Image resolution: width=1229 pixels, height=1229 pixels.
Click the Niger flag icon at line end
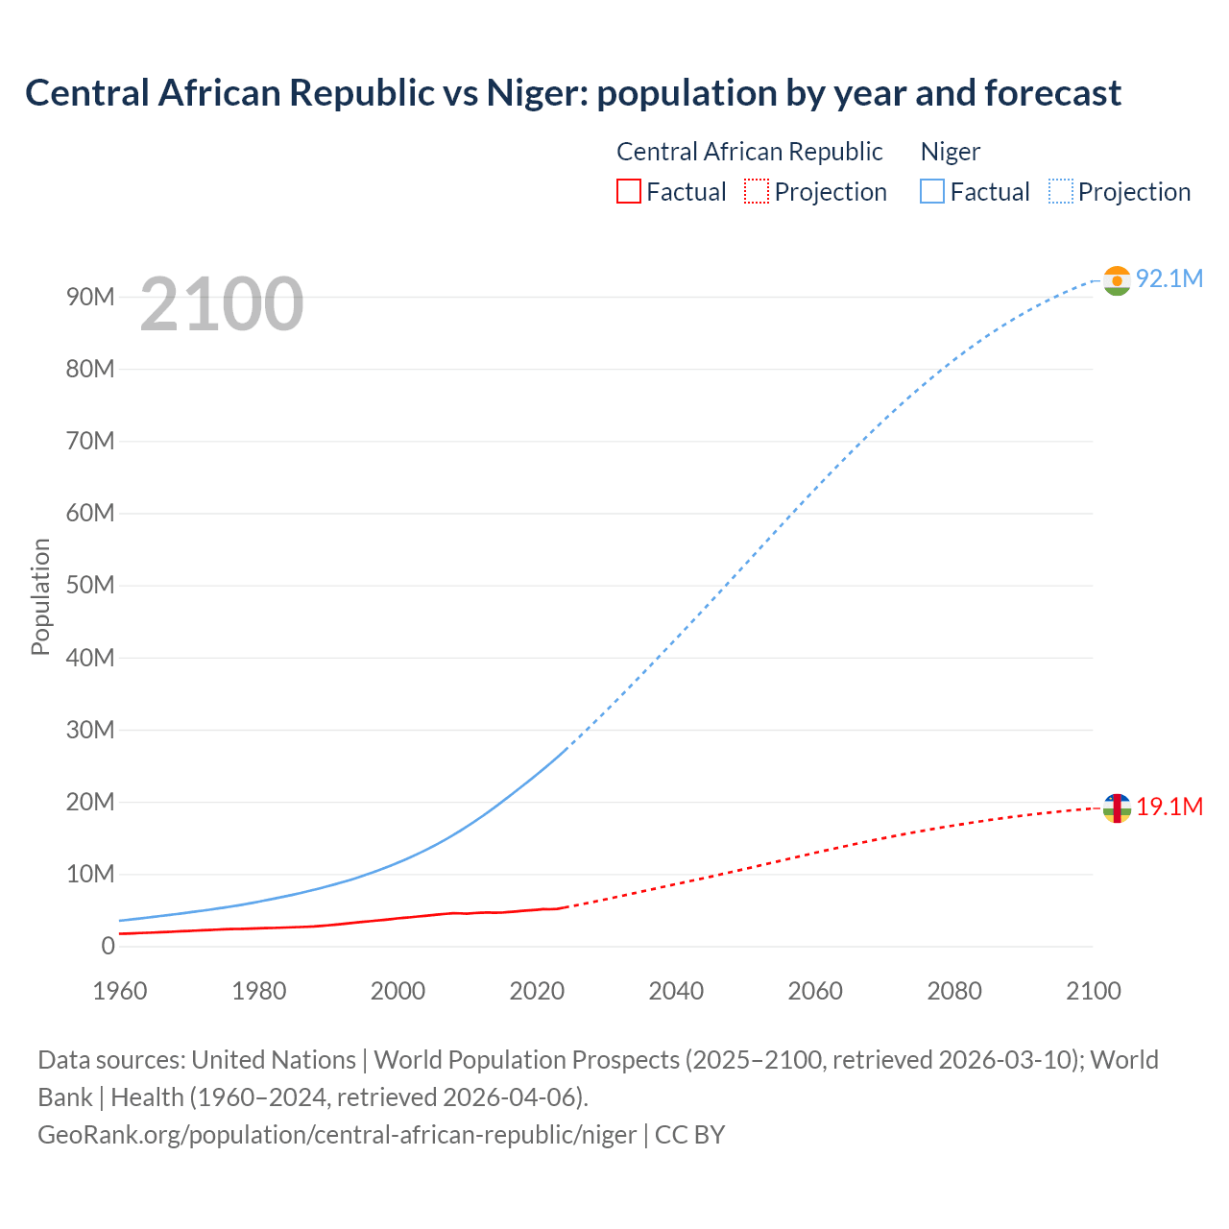click(x=1117, y=280)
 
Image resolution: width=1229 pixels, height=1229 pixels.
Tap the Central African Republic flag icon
click(x=1117, y=808)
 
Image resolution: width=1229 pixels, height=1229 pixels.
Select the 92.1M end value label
click(x=1169, y=278)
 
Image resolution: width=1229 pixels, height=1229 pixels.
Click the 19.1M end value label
click(x=1169, y=807)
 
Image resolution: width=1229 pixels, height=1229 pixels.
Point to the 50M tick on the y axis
click(x=90, y=585)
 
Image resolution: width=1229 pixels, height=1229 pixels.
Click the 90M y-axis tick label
click(x=90, y=297)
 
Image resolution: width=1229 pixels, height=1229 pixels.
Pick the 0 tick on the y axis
click(x=108, y=946)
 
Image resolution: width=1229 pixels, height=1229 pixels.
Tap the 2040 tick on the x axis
click(x=676, y=991)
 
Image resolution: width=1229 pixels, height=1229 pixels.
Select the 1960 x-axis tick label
click(x=120, y=991)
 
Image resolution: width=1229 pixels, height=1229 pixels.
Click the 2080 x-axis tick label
click(x=954, y=991)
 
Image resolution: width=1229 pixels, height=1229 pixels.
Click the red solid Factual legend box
click(x=629, y=192)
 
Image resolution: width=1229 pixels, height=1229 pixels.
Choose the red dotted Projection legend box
click(x=757, y=192)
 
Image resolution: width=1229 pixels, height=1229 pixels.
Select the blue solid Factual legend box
click(x=932, y=192)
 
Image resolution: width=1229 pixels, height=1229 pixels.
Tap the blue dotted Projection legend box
click(x=1060, y=192)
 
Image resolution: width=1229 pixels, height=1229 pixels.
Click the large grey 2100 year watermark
click(x=222, y=304)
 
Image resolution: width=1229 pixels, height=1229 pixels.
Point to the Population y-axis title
click(x=40, y=596)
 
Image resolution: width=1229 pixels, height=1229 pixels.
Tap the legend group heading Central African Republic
click(x=749, y=152)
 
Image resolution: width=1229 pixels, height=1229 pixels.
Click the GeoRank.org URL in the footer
click(x=337, y=1135)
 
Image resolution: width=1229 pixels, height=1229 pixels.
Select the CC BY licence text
click(x=689, y=1135)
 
